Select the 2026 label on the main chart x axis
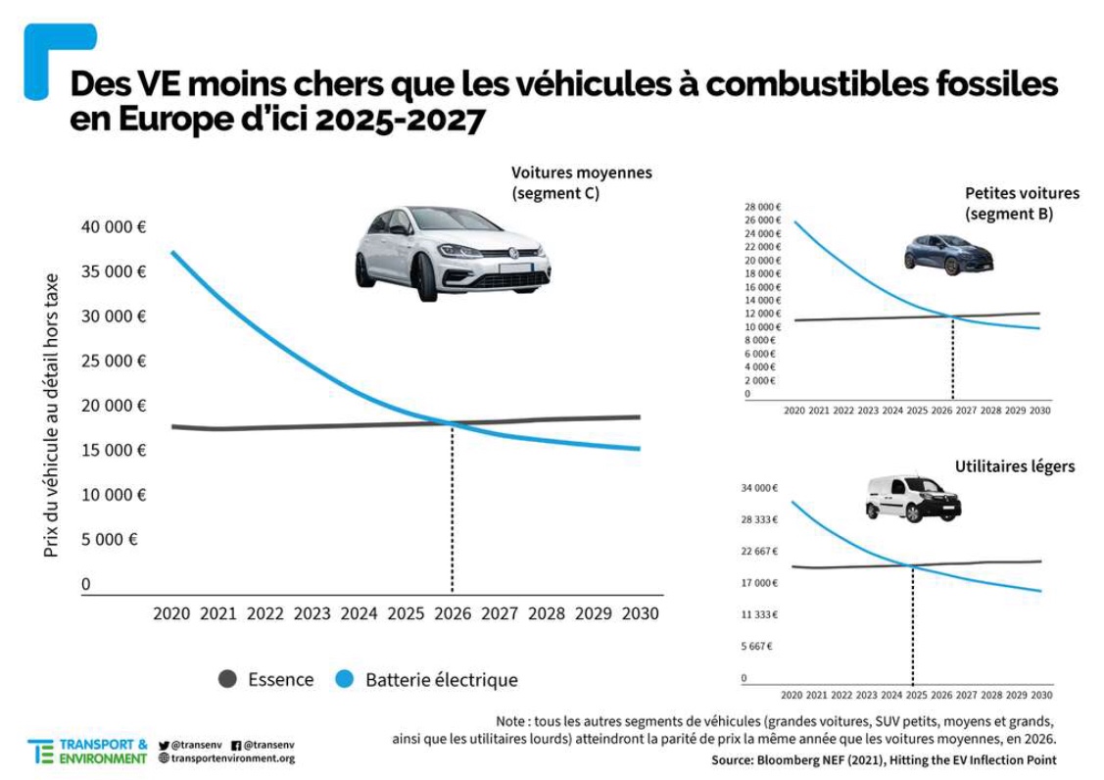pos(452,614)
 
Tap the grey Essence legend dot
pos(227,679)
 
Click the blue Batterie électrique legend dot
pos(344,679)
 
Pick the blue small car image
pos(948,254)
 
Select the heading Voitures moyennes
pos(581,172)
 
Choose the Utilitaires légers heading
pos(1014,466)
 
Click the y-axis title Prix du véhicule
pos(51,414)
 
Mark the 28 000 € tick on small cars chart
pos(763,208)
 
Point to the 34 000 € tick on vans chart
pos(760,488)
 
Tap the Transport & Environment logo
pos(88,752)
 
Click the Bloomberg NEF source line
pos(884,760)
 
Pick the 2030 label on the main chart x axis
pos(640,614)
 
